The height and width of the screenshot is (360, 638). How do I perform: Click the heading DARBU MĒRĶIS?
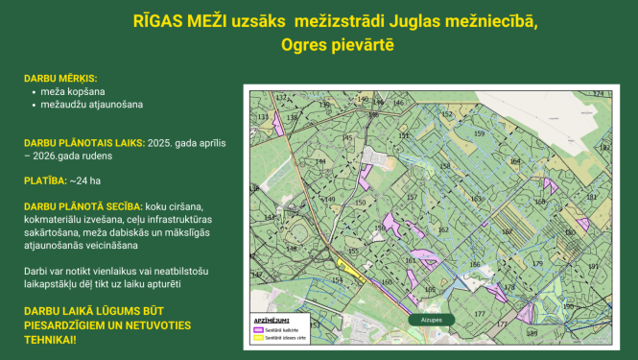(x=60, y=78)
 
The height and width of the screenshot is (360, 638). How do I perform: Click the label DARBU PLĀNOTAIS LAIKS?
(x=84, y=142)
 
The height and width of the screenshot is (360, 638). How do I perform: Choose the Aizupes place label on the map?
(x=429, y=319)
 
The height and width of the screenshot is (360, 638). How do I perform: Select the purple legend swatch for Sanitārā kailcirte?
(x=258, y=328)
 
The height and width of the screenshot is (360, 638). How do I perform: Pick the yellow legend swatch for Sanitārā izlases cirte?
(x=258, y=338)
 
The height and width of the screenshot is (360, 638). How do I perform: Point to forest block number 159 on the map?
(x=478, y=134)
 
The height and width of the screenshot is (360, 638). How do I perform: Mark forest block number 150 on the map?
(x=360, y=204)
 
